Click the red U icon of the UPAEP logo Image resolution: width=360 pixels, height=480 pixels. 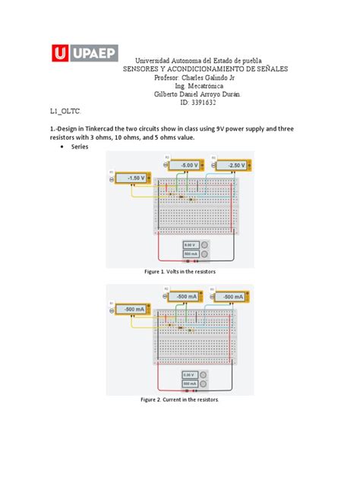coord(61,53)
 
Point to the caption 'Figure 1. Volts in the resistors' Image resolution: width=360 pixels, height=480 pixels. coord(180,271)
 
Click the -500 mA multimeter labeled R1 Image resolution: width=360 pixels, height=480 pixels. coord(135,309)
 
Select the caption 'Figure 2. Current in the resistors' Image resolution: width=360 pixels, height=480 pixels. coord(180,399)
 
